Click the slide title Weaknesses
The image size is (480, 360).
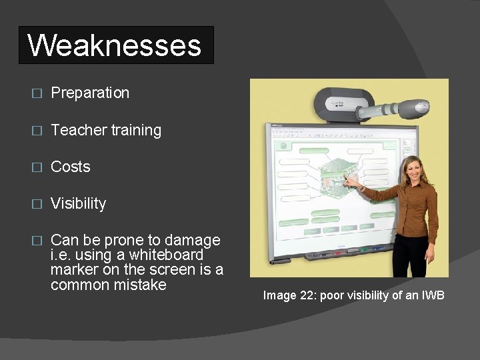click(115, 45)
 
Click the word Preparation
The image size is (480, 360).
click(90, 93)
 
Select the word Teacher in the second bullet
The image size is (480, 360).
click(73, 130)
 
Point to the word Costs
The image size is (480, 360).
click(70, 167)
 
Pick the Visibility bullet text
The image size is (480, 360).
click(78, 203)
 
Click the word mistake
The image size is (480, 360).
click(139, 285)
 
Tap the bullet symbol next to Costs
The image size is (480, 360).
click(37, 167)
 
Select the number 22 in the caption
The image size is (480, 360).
click(307, 295)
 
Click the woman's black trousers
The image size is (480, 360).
click(410, 257)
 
